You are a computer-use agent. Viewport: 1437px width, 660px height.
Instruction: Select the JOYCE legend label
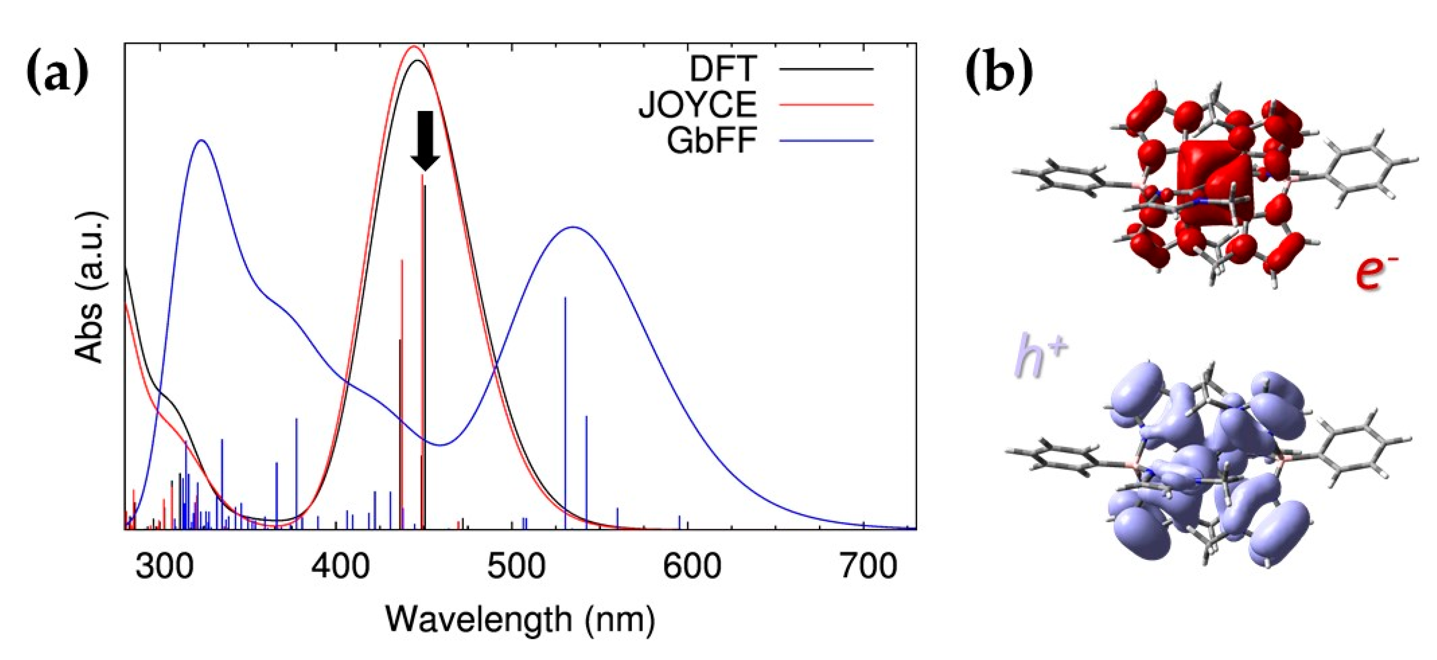point(698,104)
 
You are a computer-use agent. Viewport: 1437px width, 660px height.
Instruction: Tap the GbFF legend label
point(712,140)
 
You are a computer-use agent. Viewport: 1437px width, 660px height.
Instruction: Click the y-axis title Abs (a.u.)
point(89,288)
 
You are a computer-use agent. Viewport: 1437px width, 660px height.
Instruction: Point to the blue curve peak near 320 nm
point(201,140)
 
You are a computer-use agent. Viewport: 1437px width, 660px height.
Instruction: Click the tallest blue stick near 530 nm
point(565,412)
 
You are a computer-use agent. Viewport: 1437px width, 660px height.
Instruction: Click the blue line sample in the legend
point(826,141)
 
